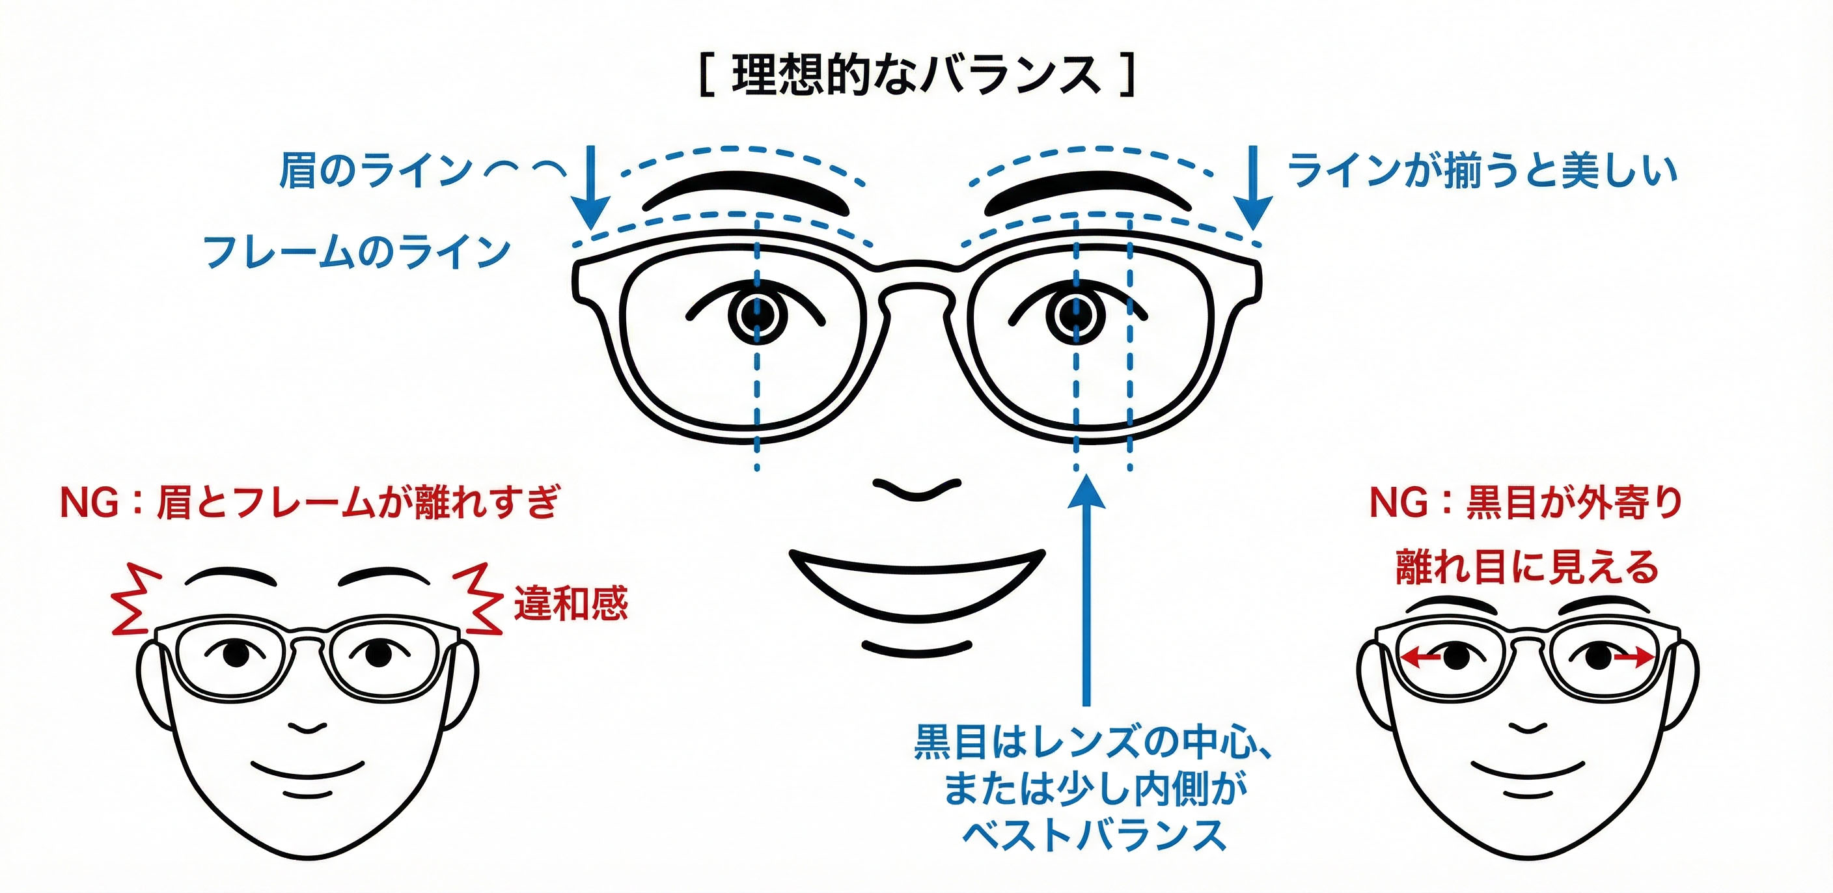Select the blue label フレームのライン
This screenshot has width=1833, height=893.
pos(357,251)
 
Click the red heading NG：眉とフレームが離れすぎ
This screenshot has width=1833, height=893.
pos(310,502)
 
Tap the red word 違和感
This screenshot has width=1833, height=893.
pos(572,603)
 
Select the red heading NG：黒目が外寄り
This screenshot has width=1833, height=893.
pos(1526,502)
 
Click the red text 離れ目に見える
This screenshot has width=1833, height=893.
pos(1526,567)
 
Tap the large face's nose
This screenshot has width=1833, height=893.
pos(916,489)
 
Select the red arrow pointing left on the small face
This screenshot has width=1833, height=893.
pos(1422,659)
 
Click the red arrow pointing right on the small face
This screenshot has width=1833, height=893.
pos(1632,659)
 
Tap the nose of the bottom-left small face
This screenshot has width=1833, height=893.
pos(308,727)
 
